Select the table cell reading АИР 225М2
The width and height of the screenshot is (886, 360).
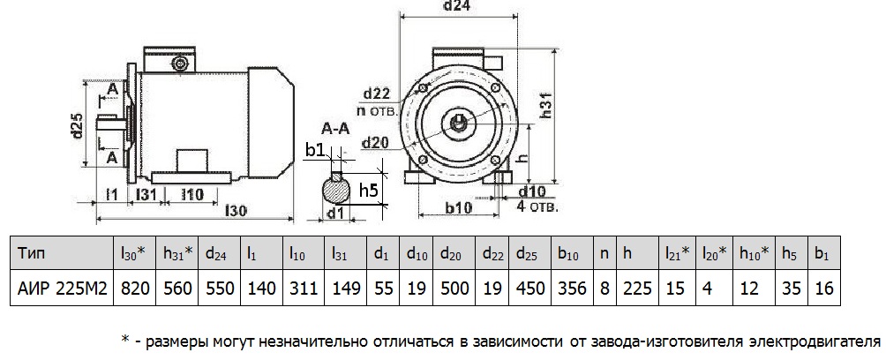point(62,288)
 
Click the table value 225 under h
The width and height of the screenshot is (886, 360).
point(634,288)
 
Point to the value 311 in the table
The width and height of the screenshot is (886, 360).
point(303,288)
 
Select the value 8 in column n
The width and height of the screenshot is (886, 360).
point(604,288)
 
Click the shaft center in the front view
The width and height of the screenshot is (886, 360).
point(461,120)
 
